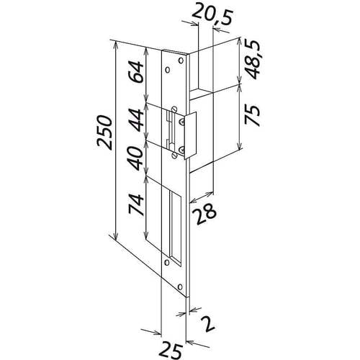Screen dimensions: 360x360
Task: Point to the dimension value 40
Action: pyautogui.click(x=135, y=156)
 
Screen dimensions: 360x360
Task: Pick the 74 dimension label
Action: pyautogui.click(x=135, y=206)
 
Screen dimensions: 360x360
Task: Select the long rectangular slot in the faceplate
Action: pyautogui.click(x=174, y=222)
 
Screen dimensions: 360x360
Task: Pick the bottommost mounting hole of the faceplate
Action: pyautogui.click(x=179, y=282)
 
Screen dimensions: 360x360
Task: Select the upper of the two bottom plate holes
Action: pyautogui.click(x=168, y=263)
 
